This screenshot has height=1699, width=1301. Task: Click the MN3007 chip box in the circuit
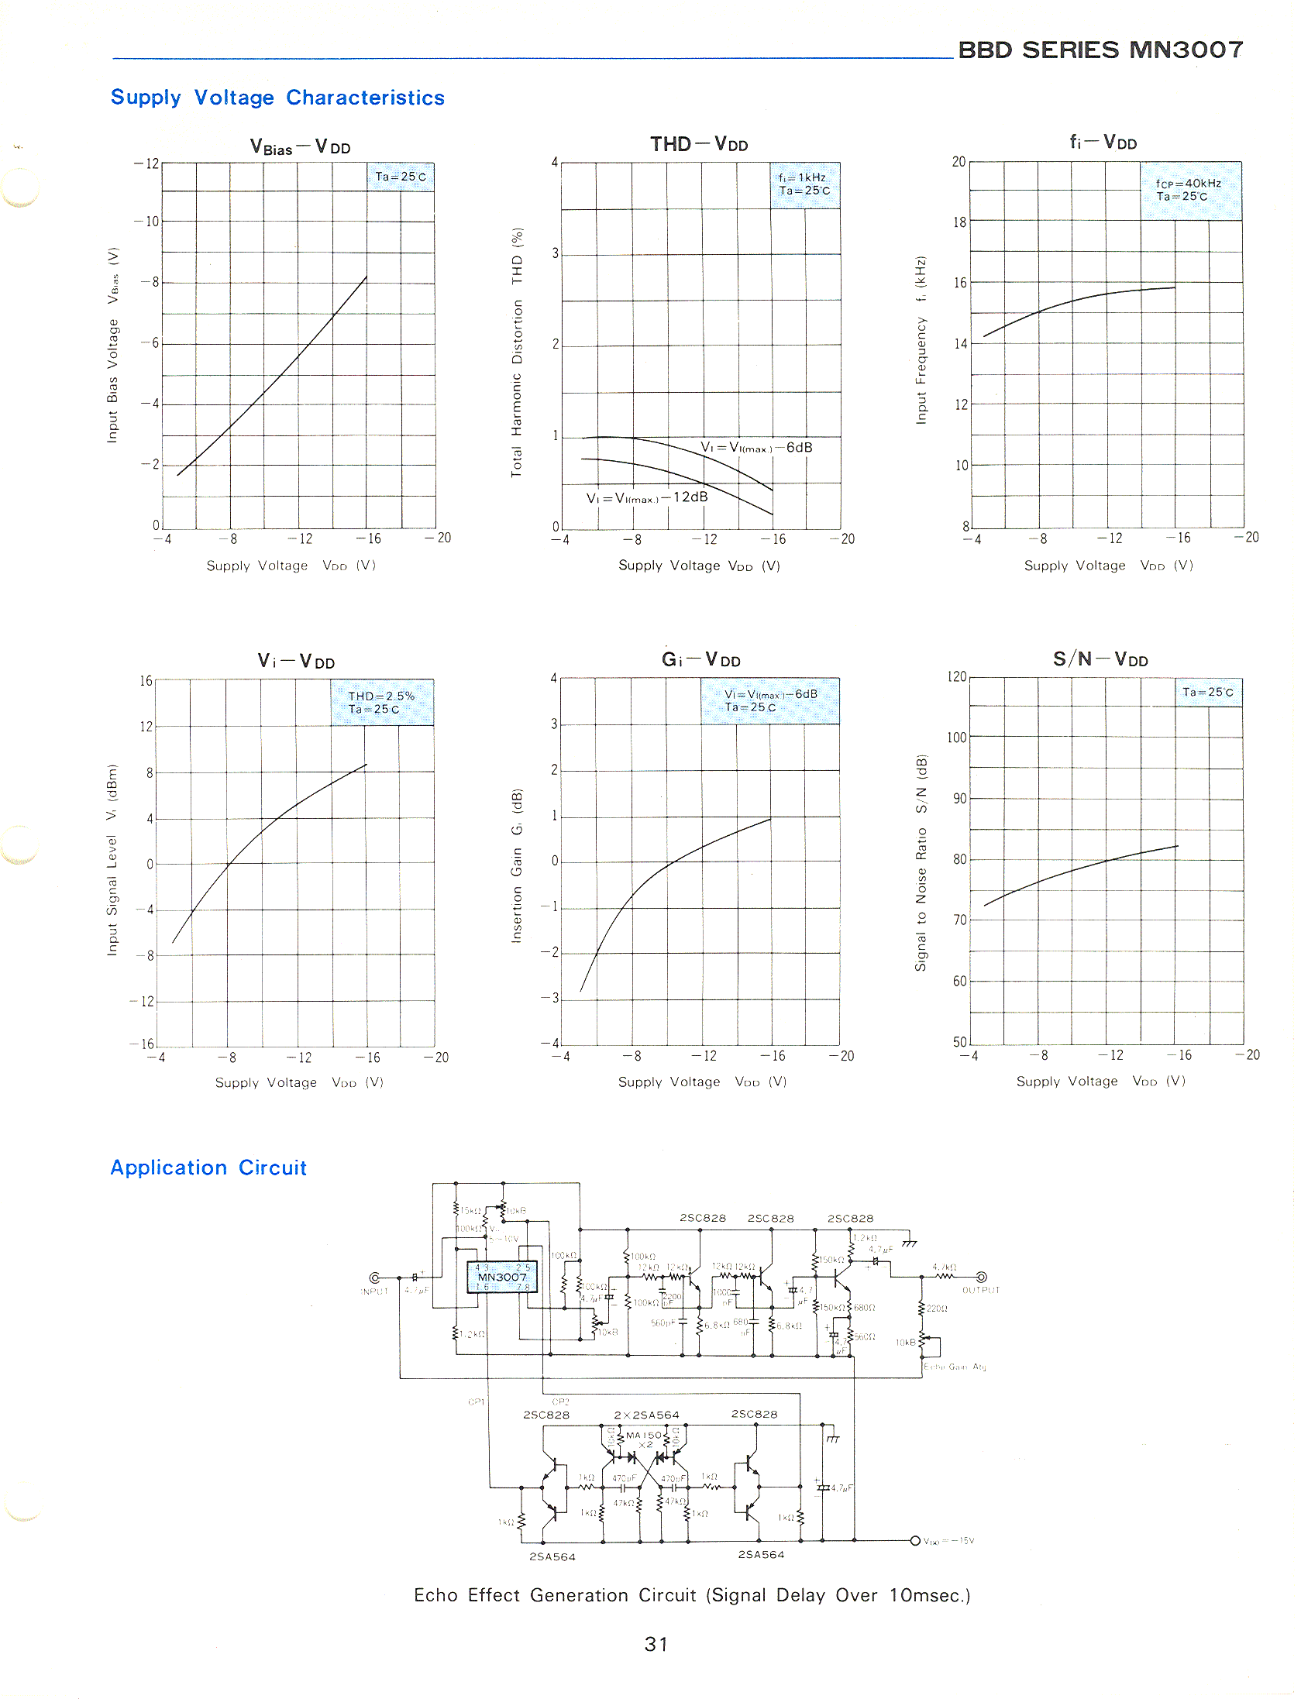coord(501,1277)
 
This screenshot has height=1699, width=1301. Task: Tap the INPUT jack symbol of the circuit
coord(375,1278)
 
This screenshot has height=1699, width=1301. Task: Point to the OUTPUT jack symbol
coord(981,1277)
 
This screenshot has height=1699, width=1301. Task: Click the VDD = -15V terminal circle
coord(915,1540)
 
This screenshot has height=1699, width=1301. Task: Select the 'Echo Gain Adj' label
coord(955,1367)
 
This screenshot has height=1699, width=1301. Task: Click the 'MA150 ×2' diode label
coord(643,1439)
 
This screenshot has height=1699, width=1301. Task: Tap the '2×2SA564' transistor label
coord(646,1415)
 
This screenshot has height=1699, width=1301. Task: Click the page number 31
coord(656,1643)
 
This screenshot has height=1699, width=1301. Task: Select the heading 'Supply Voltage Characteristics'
coord(277,98)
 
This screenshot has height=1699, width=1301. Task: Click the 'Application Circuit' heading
coord(208,1168)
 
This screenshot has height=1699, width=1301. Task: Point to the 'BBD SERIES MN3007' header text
coord(1100,50)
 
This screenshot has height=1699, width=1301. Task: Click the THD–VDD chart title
coord(699,144)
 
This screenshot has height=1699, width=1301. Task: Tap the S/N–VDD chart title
coord(1100,659)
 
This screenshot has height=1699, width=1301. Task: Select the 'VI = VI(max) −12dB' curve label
coord(647,497)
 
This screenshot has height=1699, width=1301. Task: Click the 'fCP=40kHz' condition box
coord(1190,190)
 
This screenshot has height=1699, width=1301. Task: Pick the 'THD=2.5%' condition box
coord(382,702)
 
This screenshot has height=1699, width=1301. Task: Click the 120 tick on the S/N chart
coord(957,677)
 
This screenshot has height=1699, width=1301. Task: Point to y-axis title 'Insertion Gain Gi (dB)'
coord(517,865)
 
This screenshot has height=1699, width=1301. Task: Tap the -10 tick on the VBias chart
coord(146,222)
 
